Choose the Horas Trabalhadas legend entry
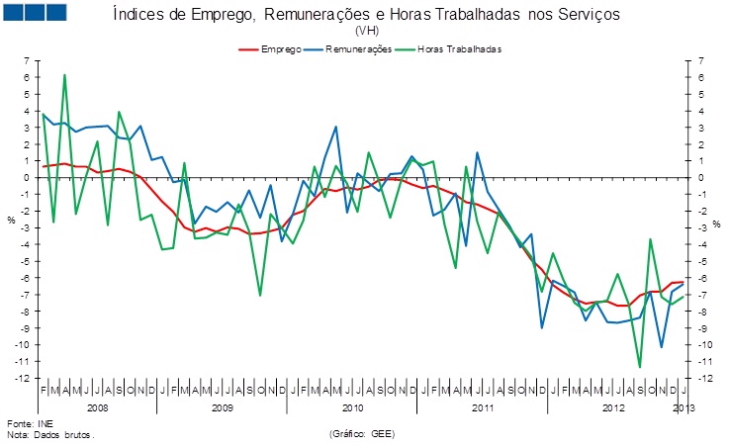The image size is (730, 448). click(453, 47)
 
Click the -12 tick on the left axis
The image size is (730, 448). click(23, 378)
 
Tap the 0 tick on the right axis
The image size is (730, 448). click(701, 178)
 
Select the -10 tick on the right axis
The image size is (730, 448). click(704, 345)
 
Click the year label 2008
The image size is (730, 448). click(98, 406)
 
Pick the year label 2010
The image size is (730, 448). click(351, 406)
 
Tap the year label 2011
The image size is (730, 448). click(483, 406)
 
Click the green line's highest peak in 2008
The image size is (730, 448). click(64, 75)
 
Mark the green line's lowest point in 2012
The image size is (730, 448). click(639, 367)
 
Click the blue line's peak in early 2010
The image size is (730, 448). click(336, 127)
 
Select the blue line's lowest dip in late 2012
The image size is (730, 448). click(661, 347)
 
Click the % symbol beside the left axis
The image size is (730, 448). click(12, 220)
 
